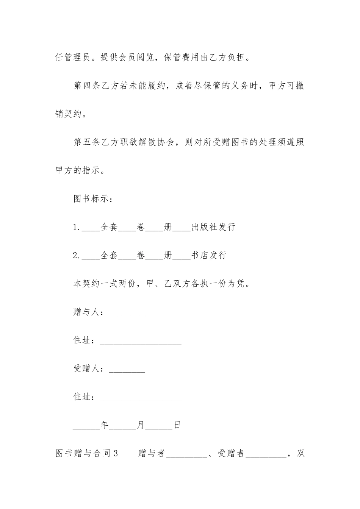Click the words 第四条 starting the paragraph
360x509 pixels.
coord(87,86)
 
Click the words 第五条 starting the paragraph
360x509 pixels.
coord(87,142)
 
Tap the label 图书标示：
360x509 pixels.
coord(92,199)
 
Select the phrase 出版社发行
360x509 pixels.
coord(213,227)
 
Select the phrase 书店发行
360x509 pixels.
coord(209,256)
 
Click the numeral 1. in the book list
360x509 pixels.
coord(76,227)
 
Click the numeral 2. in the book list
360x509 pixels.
coord(76,256)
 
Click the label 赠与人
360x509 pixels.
coord(87,312)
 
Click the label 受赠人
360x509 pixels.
coord(87,369)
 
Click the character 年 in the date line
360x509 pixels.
coord(105,425)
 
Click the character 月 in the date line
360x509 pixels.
coord(141,425)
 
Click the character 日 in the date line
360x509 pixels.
coord(177,425)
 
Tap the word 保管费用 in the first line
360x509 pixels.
coord(182,58)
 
